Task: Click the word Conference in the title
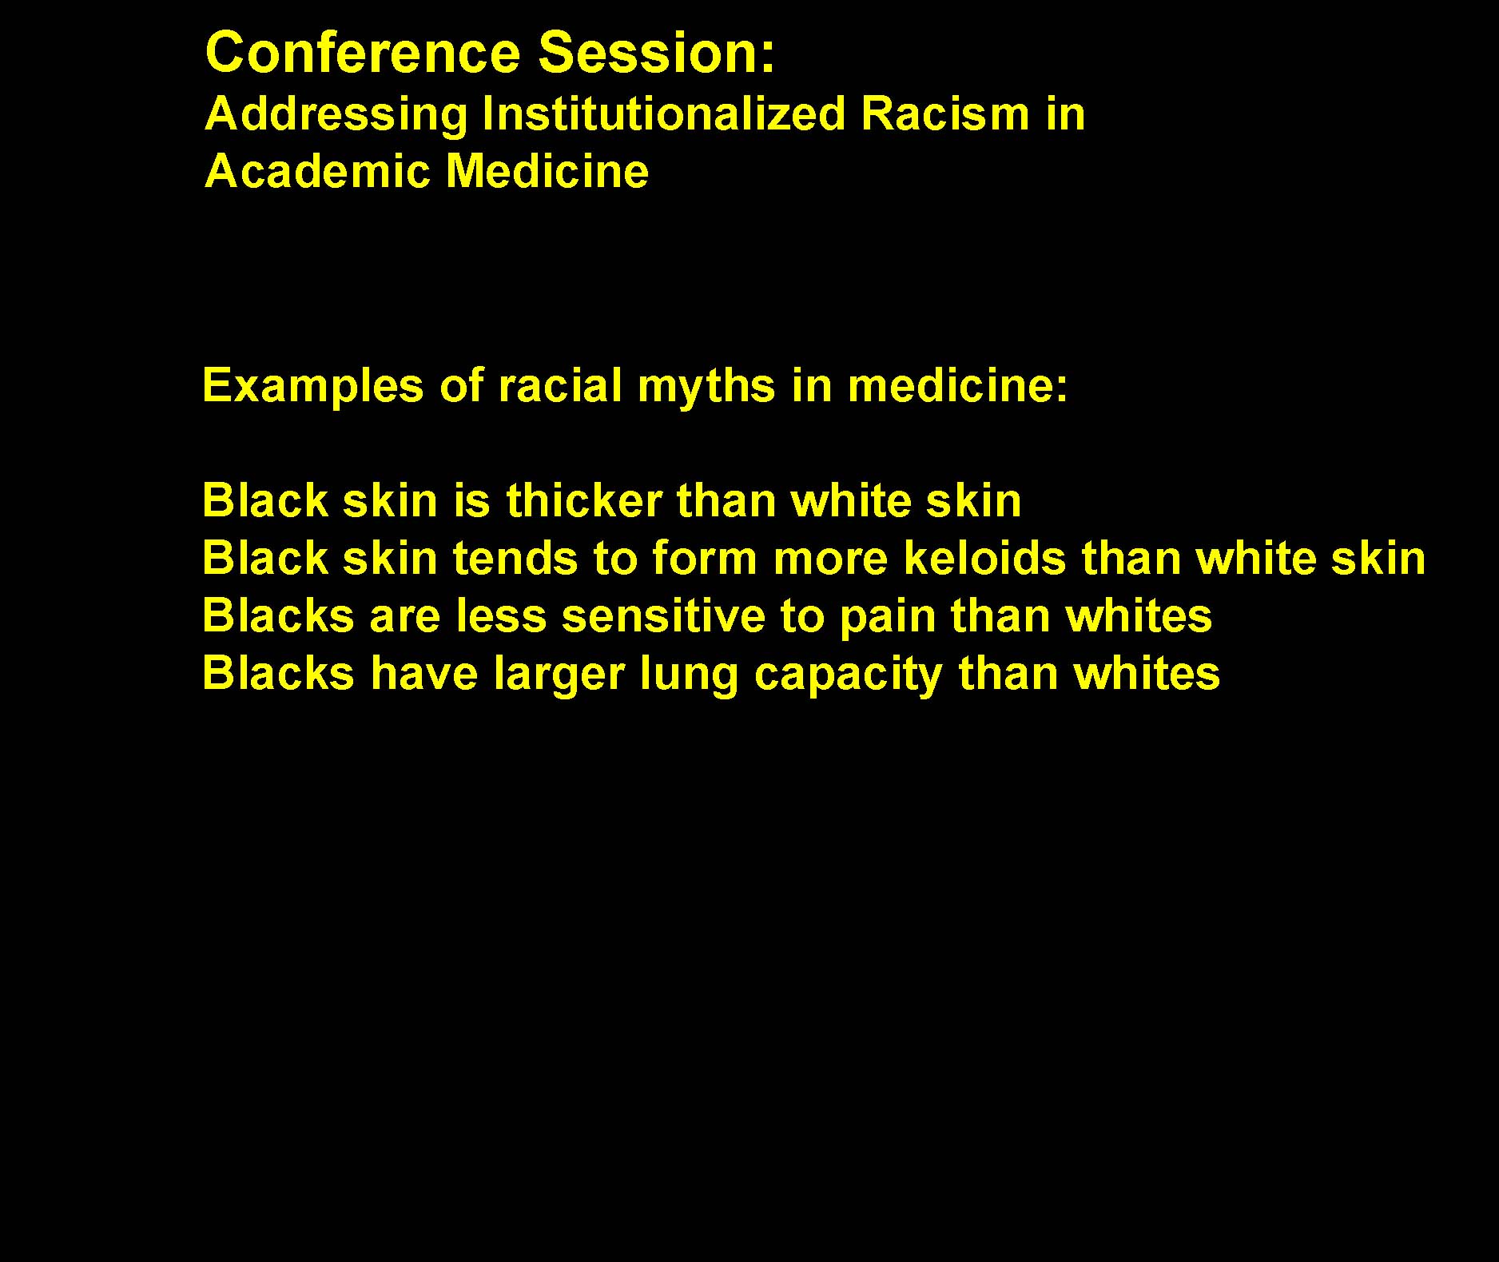[x=363, y=53]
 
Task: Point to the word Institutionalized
[x=664, y=113]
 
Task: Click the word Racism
[x=945, y=113]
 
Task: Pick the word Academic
[x=318, y=171]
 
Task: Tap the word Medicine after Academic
[x=547, y=171]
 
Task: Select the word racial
[x=560, y=385]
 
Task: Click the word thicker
[x=584, y=500]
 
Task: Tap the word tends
[x=515, y=558]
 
